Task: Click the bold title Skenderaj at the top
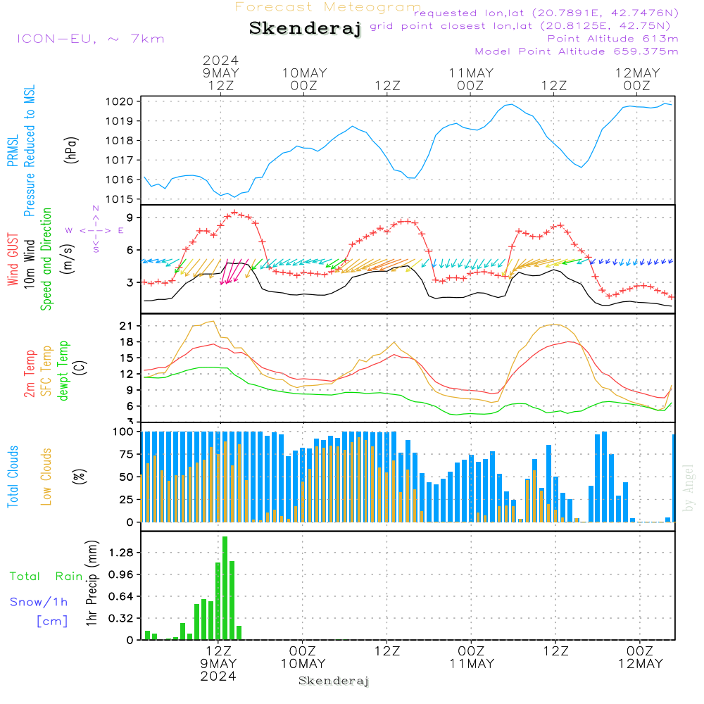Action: point(305,28)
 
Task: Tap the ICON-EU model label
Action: point(90,39)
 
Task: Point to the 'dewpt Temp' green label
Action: point(63,371)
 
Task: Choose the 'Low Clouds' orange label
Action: point(46,476)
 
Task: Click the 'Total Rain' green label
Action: point(46,576)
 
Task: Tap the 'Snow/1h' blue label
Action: point(39,602)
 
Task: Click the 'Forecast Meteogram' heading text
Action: point(328,7)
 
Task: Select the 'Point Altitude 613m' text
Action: point(612,38)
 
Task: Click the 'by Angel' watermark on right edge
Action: point(689,488)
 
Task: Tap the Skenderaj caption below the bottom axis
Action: point(334,681)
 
